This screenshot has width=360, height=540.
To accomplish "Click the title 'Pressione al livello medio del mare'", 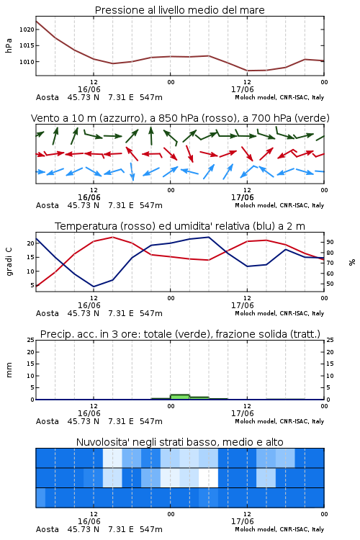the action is point(179,10).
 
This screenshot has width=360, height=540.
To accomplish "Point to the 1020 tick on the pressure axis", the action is point(27,30).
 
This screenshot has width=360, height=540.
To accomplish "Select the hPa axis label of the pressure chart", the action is point(9,45).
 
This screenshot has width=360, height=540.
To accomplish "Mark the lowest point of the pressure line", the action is point(248,71).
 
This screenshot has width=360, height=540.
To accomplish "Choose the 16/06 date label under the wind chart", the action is point(89,197).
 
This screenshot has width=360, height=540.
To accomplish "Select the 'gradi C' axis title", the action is point(9,261).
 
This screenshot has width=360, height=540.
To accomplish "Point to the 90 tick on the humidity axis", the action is point(330,242).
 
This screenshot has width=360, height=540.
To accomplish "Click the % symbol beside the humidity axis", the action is point(352,262).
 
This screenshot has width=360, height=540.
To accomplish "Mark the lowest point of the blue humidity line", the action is point(94,287).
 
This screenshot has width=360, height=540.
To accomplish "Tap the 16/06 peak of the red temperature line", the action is point(112,237).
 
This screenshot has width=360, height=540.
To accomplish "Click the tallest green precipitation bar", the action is point(180,397).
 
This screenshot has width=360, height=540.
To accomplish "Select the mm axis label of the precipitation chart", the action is point(9,369).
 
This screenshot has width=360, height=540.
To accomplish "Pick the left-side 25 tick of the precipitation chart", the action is point(31,340).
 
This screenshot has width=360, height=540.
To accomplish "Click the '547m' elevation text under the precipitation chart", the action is point(151,421).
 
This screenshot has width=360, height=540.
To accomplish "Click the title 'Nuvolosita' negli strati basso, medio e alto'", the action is point(179,442).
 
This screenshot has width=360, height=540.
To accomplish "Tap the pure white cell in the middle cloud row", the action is point(208,477).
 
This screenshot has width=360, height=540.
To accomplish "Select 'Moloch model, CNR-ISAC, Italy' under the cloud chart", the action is point(279,529).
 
